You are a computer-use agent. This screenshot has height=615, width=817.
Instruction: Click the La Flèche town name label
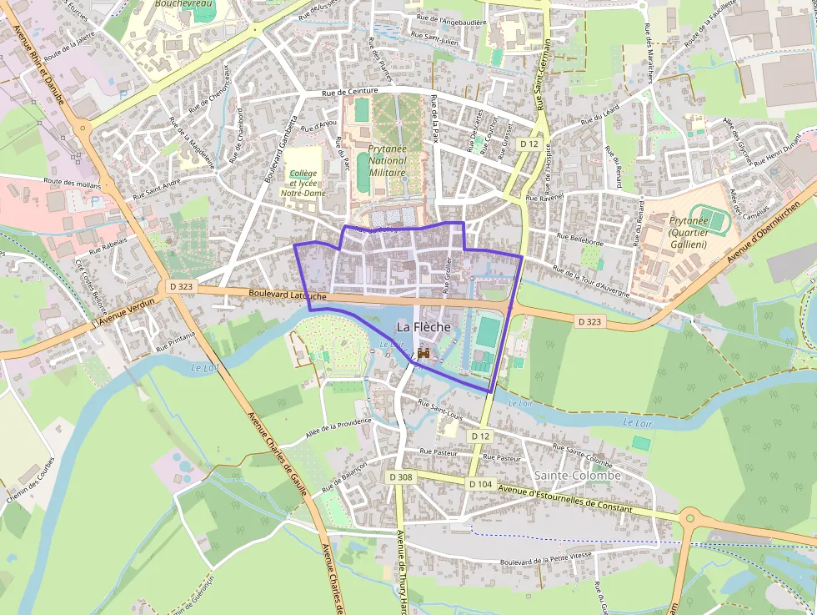(x=424, y=327)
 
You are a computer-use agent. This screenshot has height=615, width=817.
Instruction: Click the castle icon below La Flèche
(x=424, y=354)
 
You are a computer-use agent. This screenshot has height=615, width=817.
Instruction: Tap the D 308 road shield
(x=400, y=476)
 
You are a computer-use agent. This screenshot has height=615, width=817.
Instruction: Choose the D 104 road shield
(x=481, y=484)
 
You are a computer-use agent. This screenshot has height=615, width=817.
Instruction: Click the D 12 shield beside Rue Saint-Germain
(x=529, y=144)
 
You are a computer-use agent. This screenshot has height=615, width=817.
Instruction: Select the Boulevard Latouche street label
(x=288, y=295)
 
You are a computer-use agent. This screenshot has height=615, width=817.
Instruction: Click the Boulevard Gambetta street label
(x=281, y=149)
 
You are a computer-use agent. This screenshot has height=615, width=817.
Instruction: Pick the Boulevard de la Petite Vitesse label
(x=546, y=562)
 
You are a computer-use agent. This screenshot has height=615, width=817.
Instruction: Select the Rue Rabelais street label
(x=108, y=244)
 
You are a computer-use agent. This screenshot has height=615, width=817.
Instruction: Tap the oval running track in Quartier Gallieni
(x=709, y=223)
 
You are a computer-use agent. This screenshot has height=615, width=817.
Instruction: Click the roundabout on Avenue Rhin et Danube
(x=82, y=128)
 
